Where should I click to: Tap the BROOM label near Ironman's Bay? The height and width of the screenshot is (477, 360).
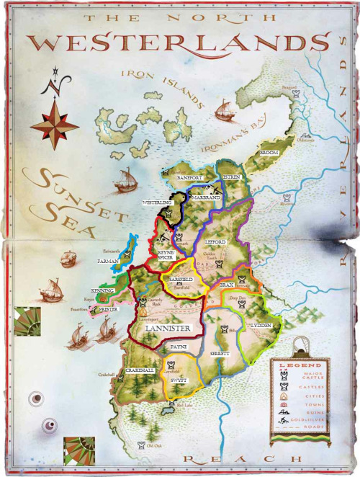point(269,153)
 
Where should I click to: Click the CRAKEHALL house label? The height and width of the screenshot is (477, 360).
point(139,369)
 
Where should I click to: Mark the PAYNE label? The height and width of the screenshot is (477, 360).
point(178,347)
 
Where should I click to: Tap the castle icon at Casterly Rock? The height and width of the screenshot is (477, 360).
point(143,300)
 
